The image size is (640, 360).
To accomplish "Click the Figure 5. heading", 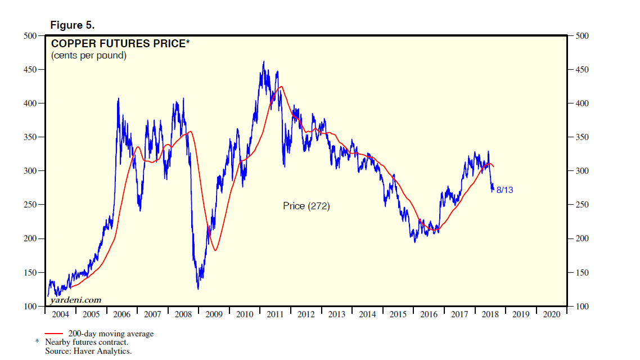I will (73, 25).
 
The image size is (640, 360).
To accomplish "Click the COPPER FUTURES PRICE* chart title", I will (118, 43).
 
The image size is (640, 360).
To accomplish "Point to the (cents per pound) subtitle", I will (89, 56).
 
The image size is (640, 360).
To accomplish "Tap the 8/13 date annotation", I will (504, 190).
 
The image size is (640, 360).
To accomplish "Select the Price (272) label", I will (306, 206).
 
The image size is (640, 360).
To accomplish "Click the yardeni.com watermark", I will (76, 300).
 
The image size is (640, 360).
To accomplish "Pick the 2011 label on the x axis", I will (275, 314).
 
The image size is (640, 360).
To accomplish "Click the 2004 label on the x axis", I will (60, 314).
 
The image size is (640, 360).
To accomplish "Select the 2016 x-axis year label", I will (429, 314).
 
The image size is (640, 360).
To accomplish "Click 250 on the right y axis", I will (583, 205).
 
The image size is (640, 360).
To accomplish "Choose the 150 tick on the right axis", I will (583, 272).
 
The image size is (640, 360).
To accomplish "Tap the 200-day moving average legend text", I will (111, 334).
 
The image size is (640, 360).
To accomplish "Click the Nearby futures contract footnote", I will (87, 342).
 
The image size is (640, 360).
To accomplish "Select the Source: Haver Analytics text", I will (88, 351).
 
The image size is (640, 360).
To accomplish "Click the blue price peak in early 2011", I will (264, 62).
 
